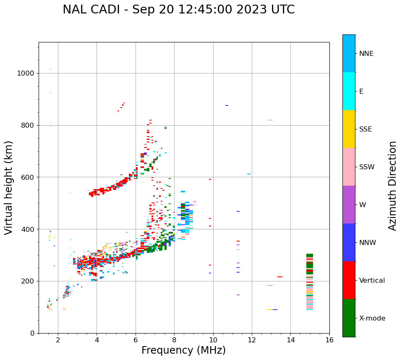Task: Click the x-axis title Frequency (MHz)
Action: (x=183, y=350)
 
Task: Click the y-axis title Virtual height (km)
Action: (x=9, y=188)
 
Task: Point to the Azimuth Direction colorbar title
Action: (x=392, y=186)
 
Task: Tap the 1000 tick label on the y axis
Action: (x=25, y=74)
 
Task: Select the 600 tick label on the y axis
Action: (x=27, y=177)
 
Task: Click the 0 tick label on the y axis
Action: (x=32, y=333)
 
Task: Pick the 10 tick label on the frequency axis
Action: (x=213, y=340)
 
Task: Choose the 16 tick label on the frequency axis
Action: (x=329, y=340)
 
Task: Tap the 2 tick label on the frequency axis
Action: (x=58, y=340)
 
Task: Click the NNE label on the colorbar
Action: (x=366, y=54)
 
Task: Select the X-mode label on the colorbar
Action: (x=372, y=318)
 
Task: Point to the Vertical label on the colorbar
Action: (x=372, y=281)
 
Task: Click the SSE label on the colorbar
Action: (x=365, y=129)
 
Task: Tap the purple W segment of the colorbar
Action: (x=349, y=205)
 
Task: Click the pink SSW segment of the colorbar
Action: (x=349, y=167)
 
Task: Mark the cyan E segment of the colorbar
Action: (x=349, y=91)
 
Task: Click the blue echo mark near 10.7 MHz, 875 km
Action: (x=227, y=105)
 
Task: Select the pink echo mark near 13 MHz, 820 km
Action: (x=270, y=120)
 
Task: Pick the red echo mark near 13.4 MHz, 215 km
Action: (x=280, y=277)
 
